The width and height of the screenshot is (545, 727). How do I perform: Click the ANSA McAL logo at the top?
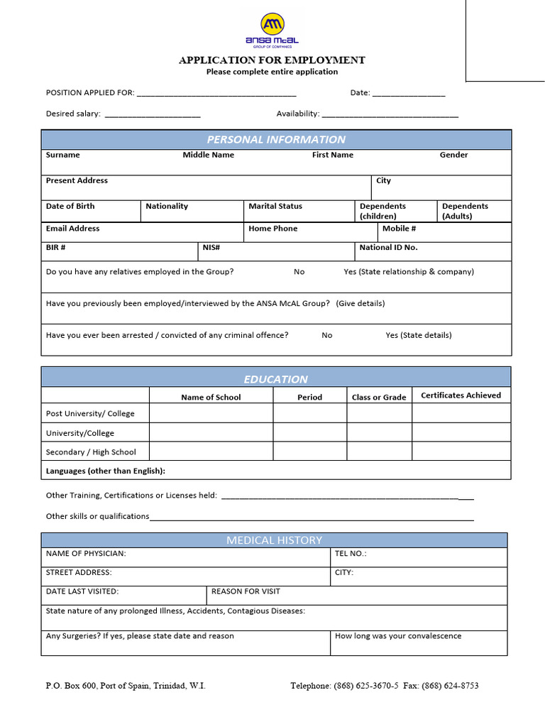[x=272, y=31]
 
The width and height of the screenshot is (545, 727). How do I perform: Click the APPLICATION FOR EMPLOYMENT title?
[x=272, y=60]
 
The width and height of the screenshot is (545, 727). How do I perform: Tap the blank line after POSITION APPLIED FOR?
[x=216, y=93]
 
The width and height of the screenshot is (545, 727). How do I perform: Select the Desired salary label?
[x=73, y=114]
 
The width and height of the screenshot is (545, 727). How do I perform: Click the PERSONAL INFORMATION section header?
[x=276, y=140]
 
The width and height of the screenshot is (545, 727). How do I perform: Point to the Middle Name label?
[x=208, y=155]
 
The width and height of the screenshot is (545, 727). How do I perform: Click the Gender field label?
[x=453, y=155]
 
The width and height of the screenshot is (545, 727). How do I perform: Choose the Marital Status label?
[x=275, y=207]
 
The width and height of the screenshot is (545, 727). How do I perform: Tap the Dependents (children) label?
[x=382, y=211]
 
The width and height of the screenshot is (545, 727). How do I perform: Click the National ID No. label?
[x=388, y=248]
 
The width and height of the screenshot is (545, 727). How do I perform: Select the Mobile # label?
[x=399, y=229]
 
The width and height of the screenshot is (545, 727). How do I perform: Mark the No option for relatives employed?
[x=299, y=272]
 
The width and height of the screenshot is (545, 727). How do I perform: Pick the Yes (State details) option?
[x=418, y=335]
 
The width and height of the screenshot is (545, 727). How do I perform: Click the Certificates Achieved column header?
[x=461, y=395]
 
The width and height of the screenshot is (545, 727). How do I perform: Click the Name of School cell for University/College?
[x=211, y=432]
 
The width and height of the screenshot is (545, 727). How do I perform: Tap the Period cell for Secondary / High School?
[x=309, y=452]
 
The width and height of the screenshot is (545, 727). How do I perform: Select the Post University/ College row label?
[x=90, y=414]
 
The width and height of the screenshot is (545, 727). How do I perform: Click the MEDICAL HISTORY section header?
[x=274, y=540]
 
